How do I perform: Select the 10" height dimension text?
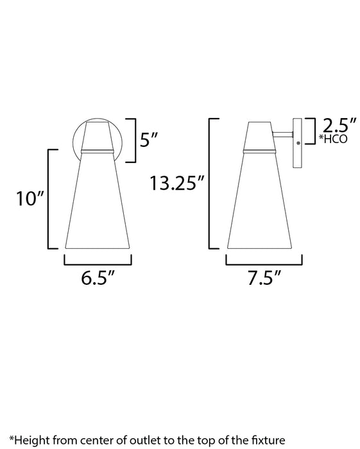pyautogui.click(x=30, y=198)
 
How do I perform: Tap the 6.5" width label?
pyautogui.click(x=98, y=277)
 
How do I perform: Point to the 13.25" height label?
pyautogui.click(x=177, y=183)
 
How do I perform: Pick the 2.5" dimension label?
pyautogui.click(x=339, y=125)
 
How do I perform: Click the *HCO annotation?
pyautogui.click(x=333, y=139)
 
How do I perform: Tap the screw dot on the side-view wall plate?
pyautogui.click(x=298, y=142)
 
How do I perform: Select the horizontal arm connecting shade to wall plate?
pyautogui.click(x=282, y=134)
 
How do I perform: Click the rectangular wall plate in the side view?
pyautogui.click(x=297, y=143)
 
